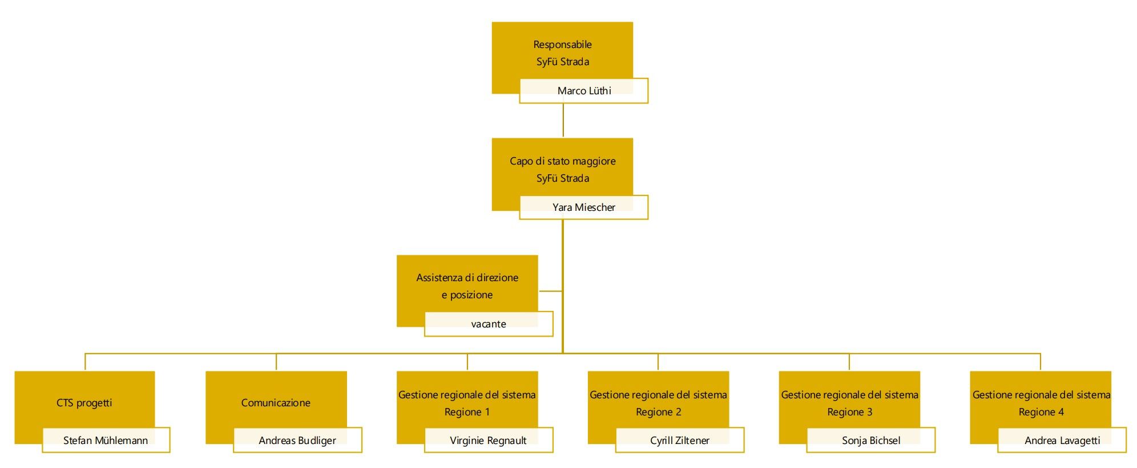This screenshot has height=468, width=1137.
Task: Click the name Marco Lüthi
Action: click(584, 91)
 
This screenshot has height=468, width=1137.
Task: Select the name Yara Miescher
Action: click(584, 207)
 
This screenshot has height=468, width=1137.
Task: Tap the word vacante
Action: click(489, 324)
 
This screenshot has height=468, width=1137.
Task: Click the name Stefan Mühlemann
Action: click(106, 441)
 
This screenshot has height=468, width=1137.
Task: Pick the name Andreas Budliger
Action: click(297, 441)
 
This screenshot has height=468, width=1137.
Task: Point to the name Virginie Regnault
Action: click(488, 441)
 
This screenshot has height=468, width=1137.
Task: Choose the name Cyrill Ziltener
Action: click(680, 441)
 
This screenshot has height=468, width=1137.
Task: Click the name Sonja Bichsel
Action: click(871, 441)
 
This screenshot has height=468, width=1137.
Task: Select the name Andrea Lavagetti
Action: click(1062, 441)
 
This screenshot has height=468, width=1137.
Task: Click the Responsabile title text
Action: click(562, 45)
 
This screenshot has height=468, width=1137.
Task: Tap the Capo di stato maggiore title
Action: click(563, 161)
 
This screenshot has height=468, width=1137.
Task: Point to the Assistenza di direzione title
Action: click(467, 278)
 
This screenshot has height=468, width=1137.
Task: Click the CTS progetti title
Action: click(84, 403)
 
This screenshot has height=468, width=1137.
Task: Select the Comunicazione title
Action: click(276, 403)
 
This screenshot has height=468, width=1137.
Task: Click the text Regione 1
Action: click(467, 412)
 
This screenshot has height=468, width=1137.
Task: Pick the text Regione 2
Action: click(659, 412)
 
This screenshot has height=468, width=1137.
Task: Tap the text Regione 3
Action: click(850, 412)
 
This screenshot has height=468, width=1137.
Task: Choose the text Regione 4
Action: click(1041, 412)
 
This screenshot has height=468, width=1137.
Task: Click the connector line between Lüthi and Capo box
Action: click(563, 121)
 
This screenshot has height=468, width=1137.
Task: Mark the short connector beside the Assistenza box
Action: click(550, 291)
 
